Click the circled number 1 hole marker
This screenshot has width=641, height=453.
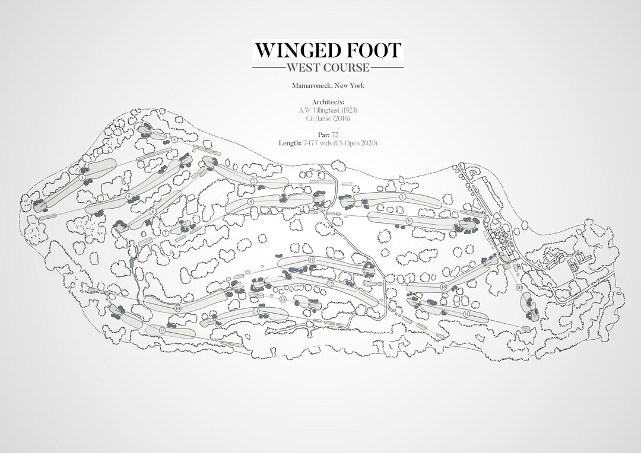(x=402, y=196)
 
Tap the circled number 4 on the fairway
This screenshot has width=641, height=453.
(x=82, y=177)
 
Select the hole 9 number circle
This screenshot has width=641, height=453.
(x=409, y=221)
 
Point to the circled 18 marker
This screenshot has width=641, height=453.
(x=443, y=287)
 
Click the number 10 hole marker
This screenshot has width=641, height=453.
(x=519, y=288)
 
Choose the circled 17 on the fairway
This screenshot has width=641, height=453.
(x=311, y=260)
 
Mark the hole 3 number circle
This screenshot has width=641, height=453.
(x=174, y=139)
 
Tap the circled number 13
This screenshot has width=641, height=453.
(x=283, y=299)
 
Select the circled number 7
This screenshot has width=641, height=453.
(x=166, y=233)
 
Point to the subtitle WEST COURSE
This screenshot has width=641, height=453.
(x=328, y=67)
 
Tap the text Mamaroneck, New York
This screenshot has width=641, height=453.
(x=328, y=86)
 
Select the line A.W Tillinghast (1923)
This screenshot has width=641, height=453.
(x=328, y=110)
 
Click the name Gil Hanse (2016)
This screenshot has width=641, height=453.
(x=328, y=119)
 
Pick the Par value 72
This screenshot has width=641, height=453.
(x=335, y=135)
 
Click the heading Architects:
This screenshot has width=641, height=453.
(x=328, y=102)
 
